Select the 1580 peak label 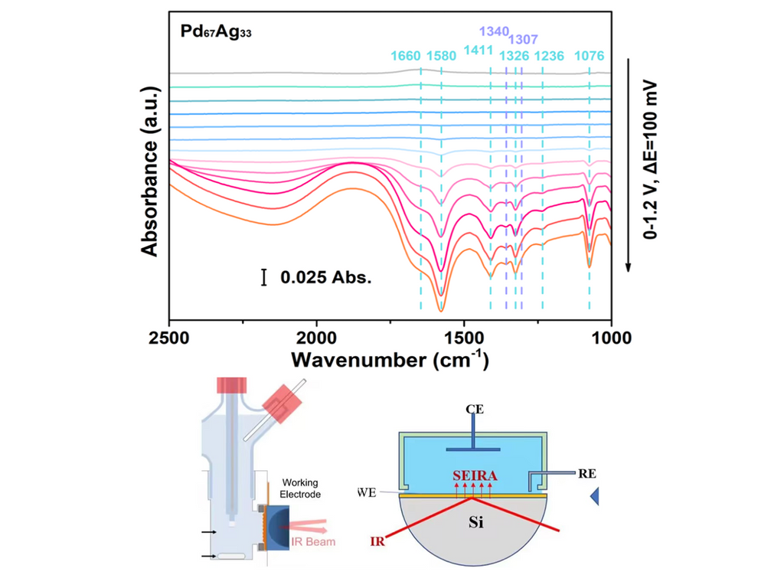(441, 56)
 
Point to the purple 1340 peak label (494, 31)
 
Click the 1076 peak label (589, 56)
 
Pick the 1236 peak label (548, 56)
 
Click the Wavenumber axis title (389, 358)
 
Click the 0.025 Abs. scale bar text (325, 278)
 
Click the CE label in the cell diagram (473, 410)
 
